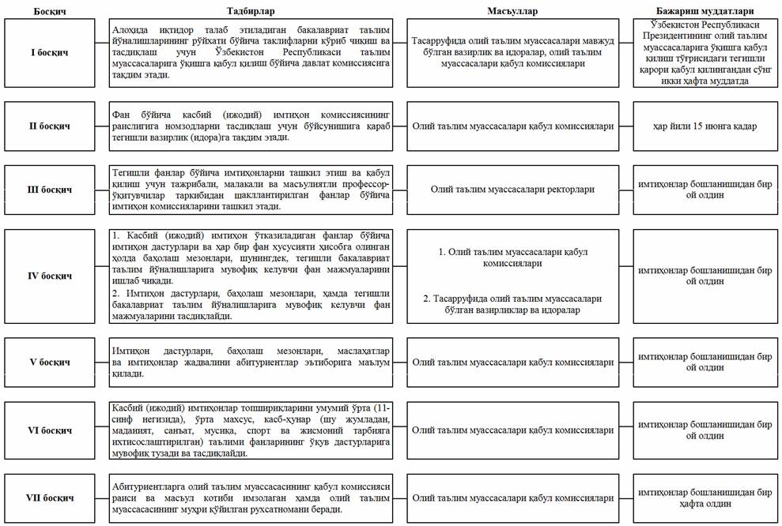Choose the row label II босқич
(x=50, y=126)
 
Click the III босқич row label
(x=50, y=190)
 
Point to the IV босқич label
(x=50, y=276)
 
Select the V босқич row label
(x=50, y=362)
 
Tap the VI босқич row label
(x=50, y=430)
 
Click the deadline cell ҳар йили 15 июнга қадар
(x=705, y=126)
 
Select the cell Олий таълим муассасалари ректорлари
(x=512, y=190)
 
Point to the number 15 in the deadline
(x=703, y=126)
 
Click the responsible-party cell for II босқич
(x=512, y=126)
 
